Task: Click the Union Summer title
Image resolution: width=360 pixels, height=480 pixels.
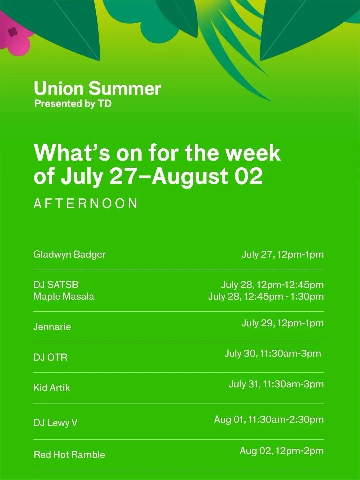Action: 97,89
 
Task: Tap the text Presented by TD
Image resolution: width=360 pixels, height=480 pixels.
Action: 73,104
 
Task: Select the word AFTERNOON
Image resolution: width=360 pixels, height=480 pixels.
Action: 85,203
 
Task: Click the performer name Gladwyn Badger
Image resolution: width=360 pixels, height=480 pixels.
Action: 69,255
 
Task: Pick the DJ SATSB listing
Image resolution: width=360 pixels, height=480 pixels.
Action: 56,285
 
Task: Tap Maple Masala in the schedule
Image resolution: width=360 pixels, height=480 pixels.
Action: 64,297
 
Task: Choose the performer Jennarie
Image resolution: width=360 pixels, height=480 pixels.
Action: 52,327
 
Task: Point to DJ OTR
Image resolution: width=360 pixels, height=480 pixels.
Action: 50,357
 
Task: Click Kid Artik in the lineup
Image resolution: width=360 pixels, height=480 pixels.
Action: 52,388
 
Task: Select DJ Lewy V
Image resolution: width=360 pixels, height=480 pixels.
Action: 55,423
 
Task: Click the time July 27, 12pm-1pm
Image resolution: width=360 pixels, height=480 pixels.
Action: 283,255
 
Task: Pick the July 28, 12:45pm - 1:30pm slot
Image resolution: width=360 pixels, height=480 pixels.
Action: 266,297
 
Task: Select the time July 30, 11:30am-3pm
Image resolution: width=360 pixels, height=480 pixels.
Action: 273,354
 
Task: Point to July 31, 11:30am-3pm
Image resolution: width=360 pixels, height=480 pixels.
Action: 276,384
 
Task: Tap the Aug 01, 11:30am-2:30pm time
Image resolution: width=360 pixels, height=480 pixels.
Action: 269,419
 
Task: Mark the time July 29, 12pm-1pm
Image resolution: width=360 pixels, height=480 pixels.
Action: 283,323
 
